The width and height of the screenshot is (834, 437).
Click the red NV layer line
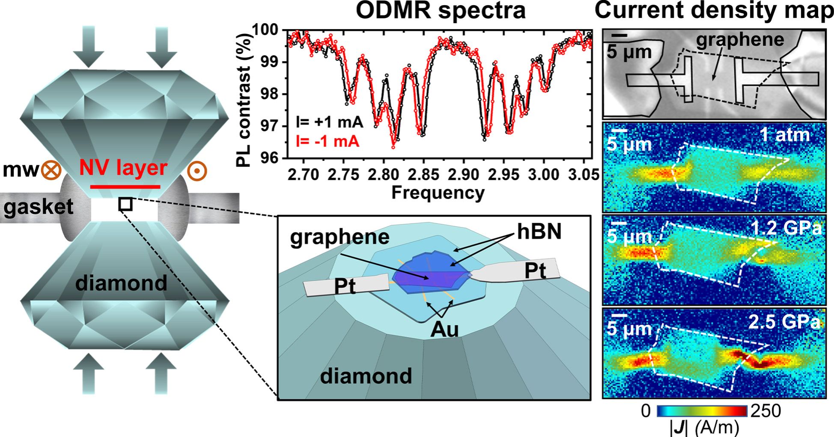(125, 187)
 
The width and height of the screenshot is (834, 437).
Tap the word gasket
(39, 207)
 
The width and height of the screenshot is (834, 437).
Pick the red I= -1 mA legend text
(327, 141)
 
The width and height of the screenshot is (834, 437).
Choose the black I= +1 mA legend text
(329, 122)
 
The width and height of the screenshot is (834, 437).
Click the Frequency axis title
(438, 193)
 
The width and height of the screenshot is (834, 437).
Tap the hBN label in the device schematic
(539, 232)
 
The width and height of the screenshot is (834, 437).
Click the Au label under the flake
(444, 329)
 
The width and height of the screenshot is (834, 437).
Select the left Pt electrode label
(345, 286)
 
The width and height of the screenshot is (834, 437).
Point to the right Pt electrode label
(535, 271)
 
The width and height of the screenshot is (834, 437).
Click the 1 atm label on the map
(785, 135)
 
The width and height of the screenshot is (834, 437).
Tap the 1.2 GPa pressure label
(786, 228)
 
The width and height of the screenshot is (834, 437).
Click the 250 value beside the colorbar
(766, 411)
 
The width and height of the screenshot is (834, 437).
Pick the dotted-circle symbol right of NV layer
(197, 170)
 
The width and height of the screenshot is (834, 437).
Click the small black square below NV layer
(125, 205)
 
